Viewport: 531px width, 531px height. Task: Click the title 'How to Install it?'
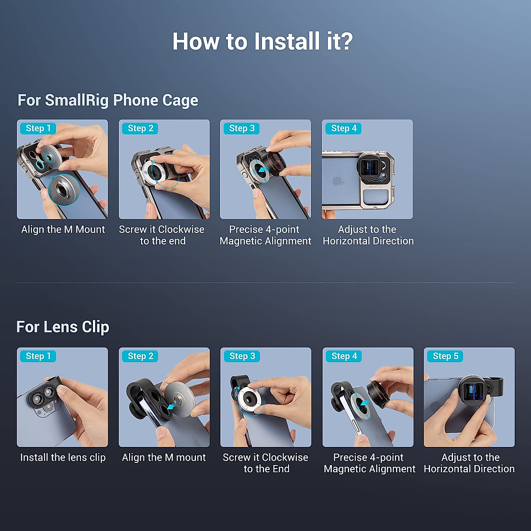tap(262, 42)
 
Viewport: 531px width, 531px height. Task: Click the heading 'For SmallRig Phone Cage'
tap(108, 100)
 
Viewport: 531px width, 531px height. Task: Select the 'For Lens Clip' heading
tap(62, 327)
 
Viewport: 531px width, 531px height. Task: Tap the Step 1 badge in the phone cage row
tap(38, 128)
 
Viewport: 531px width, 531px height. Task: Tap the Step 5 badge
tap(445, 356)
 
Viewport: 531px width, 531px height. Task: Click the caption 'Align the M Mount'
tap(63, 230)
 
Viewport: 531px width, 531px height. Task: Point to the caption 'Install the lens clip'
tap(63, 458)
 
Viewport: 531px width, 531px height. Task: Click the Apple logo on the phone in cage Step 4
tap(339, 181)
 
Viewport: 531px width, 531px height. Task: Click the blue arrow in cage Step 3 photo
tap(263, 169)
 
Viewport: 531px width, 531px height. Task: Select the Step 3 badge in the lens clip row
tap(242, 356)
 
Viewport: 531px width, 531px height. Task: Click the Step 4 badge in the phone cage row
tap(344, 128)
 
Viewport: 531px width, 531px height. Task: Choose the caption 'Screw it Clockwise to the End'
tap(265, 463)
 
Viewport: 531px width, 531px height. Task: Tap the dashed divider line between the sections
tap(265, 282)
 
